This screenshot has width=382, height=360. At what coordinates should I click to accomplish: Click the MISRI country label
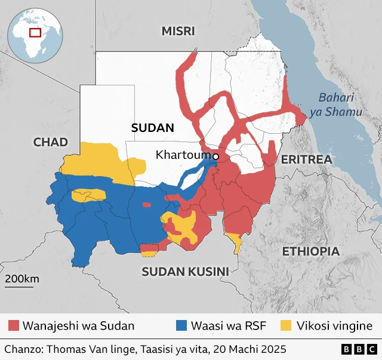(x=178, y=32)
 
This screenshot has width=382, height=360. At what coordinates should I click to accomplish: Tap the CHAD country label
(x=51, y=142)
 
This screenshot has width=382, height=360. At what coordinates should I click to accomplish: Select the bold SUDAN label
(x=152, y=128)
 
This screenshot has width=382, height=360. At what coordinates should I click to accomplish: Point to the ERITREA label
(x=306, y=159)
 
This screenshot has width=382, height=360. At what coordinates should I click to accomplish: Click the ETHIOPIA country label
(x=310, y=251)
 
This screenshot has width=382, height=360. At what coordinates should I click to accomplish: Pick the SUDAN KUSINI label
(x=185, y=272)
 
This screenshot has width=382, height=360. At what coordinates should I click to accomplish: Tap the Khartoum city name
(x=184, y=155)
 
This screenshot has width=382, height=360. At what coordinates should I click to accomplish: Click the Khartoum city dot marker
(x=216, y=156)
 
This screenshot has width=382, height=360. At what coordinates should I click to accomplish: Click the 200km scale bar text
(x=22, y=279)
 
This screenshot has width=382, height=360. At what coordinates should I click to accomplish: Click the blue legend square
(x=181, y=326)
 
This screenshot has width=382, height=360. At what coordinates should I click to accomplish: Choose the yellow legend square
(x=287, y=326)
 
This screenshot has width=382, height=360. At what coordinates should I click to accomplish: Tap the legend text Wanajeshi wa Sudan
(x=78, y=326)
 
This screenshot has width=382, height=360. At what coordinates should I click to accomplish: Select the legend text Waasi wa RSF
(x=228, y=326)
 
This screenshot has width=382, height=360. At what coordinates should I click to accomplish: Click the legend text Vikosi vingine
(x=335, y=326)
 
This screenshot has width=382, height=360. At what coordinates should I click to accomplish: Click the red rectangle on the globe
(x=35, y=32)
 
